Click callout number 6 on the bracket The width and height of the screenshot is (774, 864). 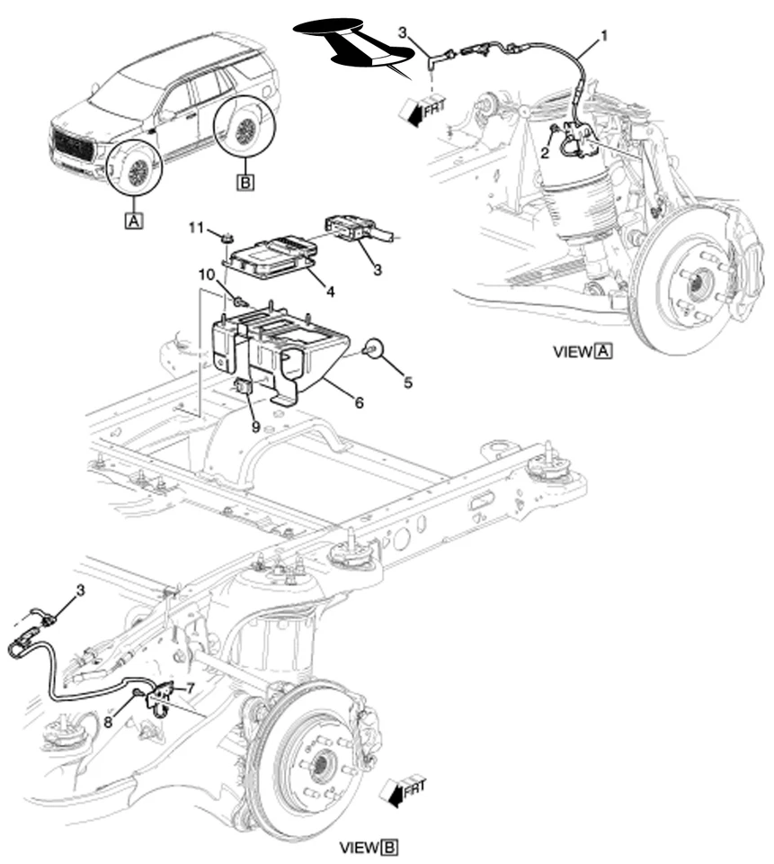pos(359,403)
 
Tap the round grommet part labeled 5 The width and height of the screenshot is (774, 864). pos(373,348)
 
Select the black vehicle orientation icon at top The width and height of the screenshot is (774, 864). pos(355,42)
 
